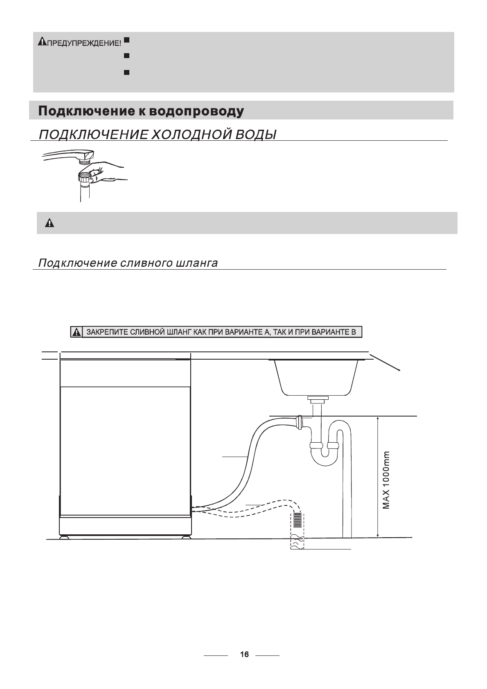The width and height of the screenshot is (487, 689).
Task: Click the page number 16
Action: coord(244,655)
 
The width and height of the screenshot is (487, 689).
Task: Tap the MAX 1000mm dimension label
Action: coord(387,480)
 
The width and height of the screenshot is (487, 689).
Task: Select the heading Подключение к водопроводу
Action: coord(141,111)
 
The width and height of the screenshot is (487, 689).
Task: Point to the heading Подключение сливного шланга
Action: coord(128,263)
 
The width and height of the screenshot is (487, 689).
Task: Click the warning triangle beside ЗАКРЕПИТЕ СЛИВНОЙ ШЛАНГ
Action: coord(76,332)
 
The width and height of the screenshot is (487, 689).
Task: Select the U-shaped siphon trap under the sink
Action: coord(325,454)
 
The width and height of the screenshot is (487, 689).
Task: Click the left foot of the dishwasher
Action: coord(64,537)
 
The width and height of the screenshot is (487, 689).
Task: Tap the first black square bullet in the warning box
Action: coord(126,40)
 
